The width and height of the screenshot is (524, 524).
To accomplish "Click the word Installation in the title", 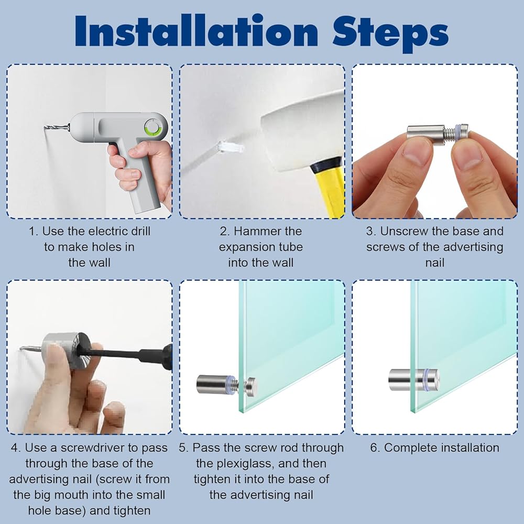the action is pyautogui.click(x=196, y=31).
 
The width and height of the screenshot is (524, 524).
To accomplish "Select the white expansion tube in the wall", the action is pyautogui.click(x=230, y=147).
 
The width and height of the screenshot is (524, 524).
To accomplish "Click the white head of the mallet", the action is pyautogui.click(x=302, y=130).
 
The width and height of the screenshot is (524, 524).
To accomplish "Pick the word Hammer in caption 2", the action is pyautogui.click(x=258, y=231).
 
